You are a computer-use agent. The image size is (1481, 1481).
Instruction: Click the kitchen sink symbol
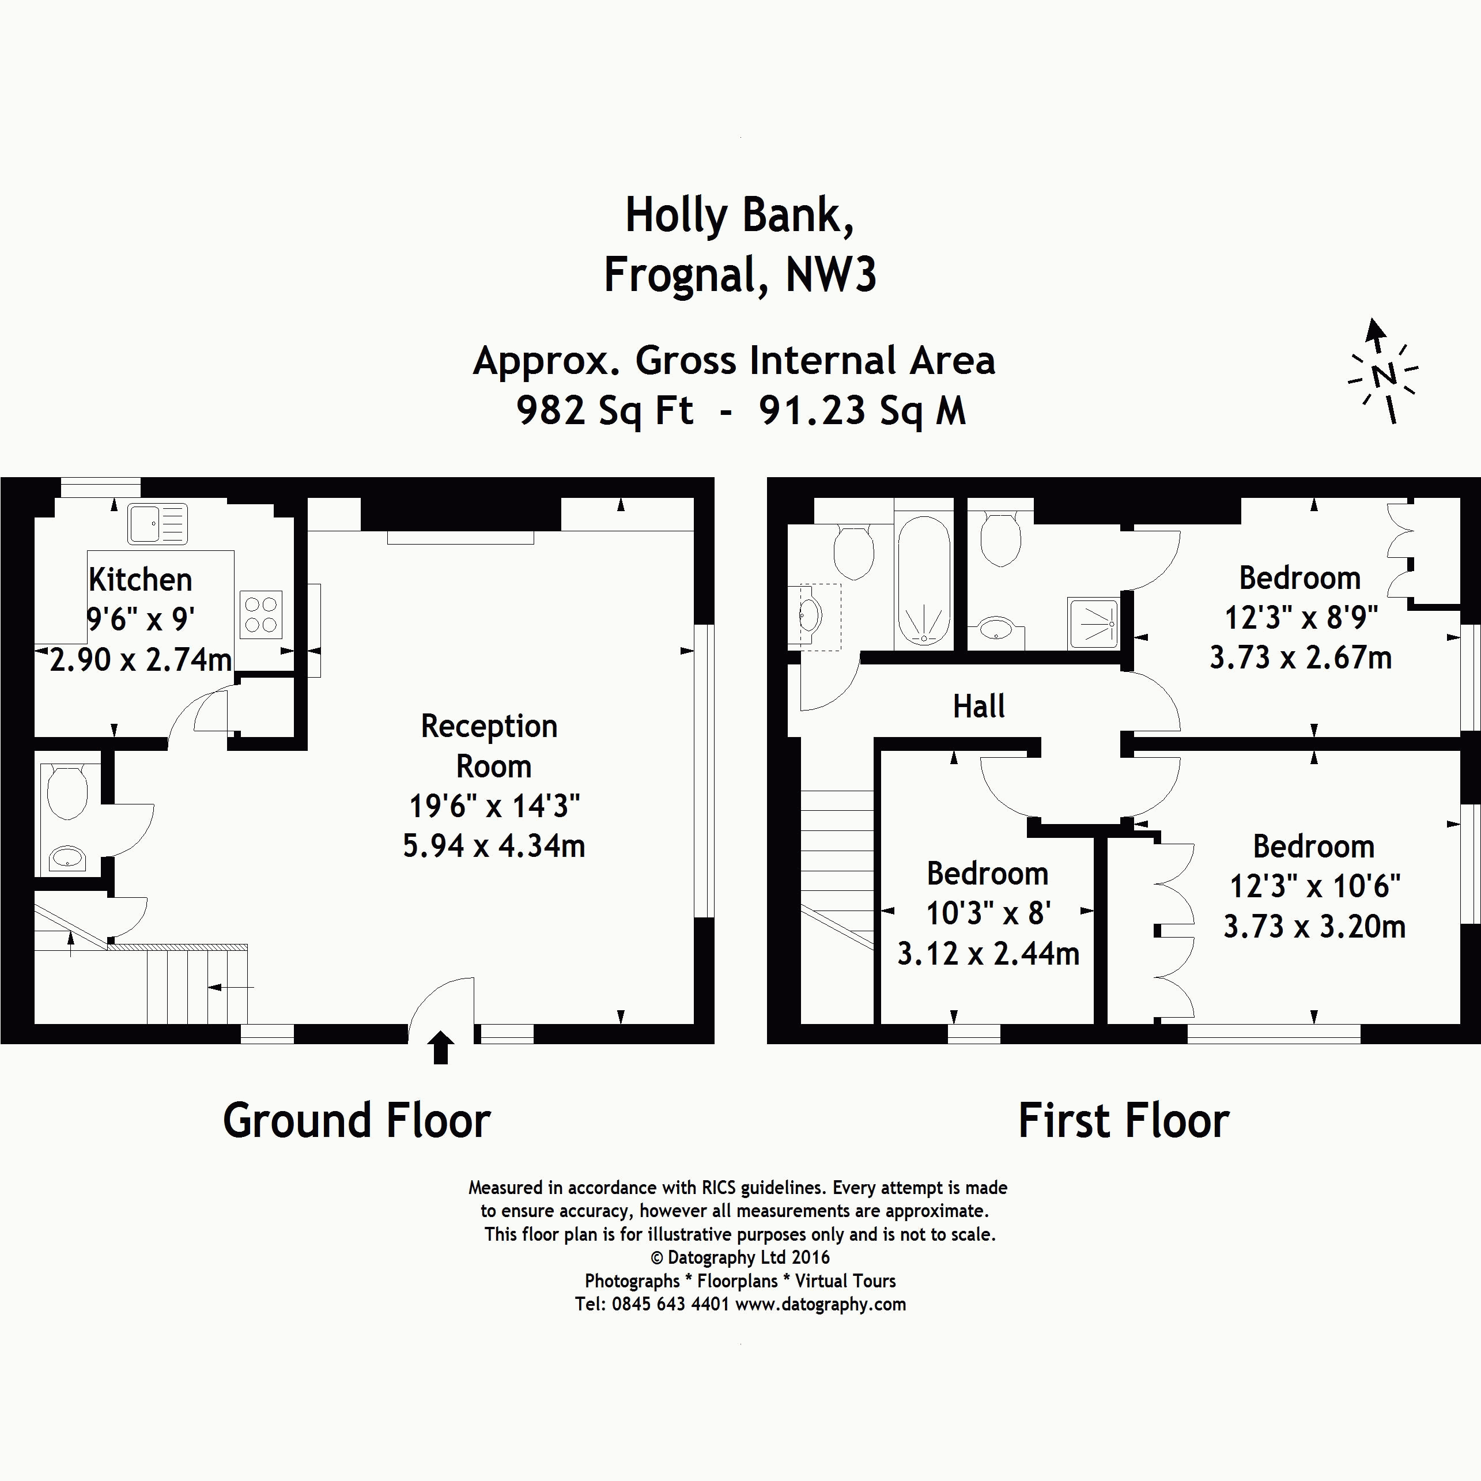[157, 524]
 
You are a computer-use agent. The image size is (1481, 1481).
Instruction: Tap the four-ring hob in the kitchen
[260, 615]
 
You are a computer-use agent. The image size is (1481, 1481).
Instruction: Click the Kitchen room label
[140, 580]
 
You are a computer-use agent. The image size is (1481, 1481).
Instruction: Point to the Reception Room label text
[490, 746]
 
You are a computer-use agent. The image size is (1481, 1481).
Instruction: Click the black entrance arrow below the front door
[440, 1047]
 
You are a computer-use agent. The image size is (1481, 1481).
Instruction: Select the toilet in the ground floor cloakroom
[67, 791]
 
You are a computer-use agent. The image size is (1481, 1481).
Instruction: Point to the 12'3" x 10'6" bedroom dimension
[1314, 887]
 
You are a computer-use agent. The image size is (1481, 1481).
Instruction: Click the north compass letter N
[1384, 376]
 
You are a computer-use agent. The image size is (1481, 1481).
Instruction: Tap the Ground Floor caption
[357, 1121]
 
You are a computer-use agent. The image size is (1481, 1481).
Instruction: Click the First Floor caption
[1123, 1121]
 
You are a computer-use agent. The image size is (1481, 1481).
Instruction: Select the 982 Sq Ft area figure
[605, 411]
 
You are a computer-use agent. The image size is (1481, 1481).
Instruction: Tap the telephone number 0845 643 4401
[670, 1304]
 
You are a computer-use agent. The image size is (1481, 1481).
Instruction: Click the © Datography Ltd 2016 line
[740, 1257]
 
